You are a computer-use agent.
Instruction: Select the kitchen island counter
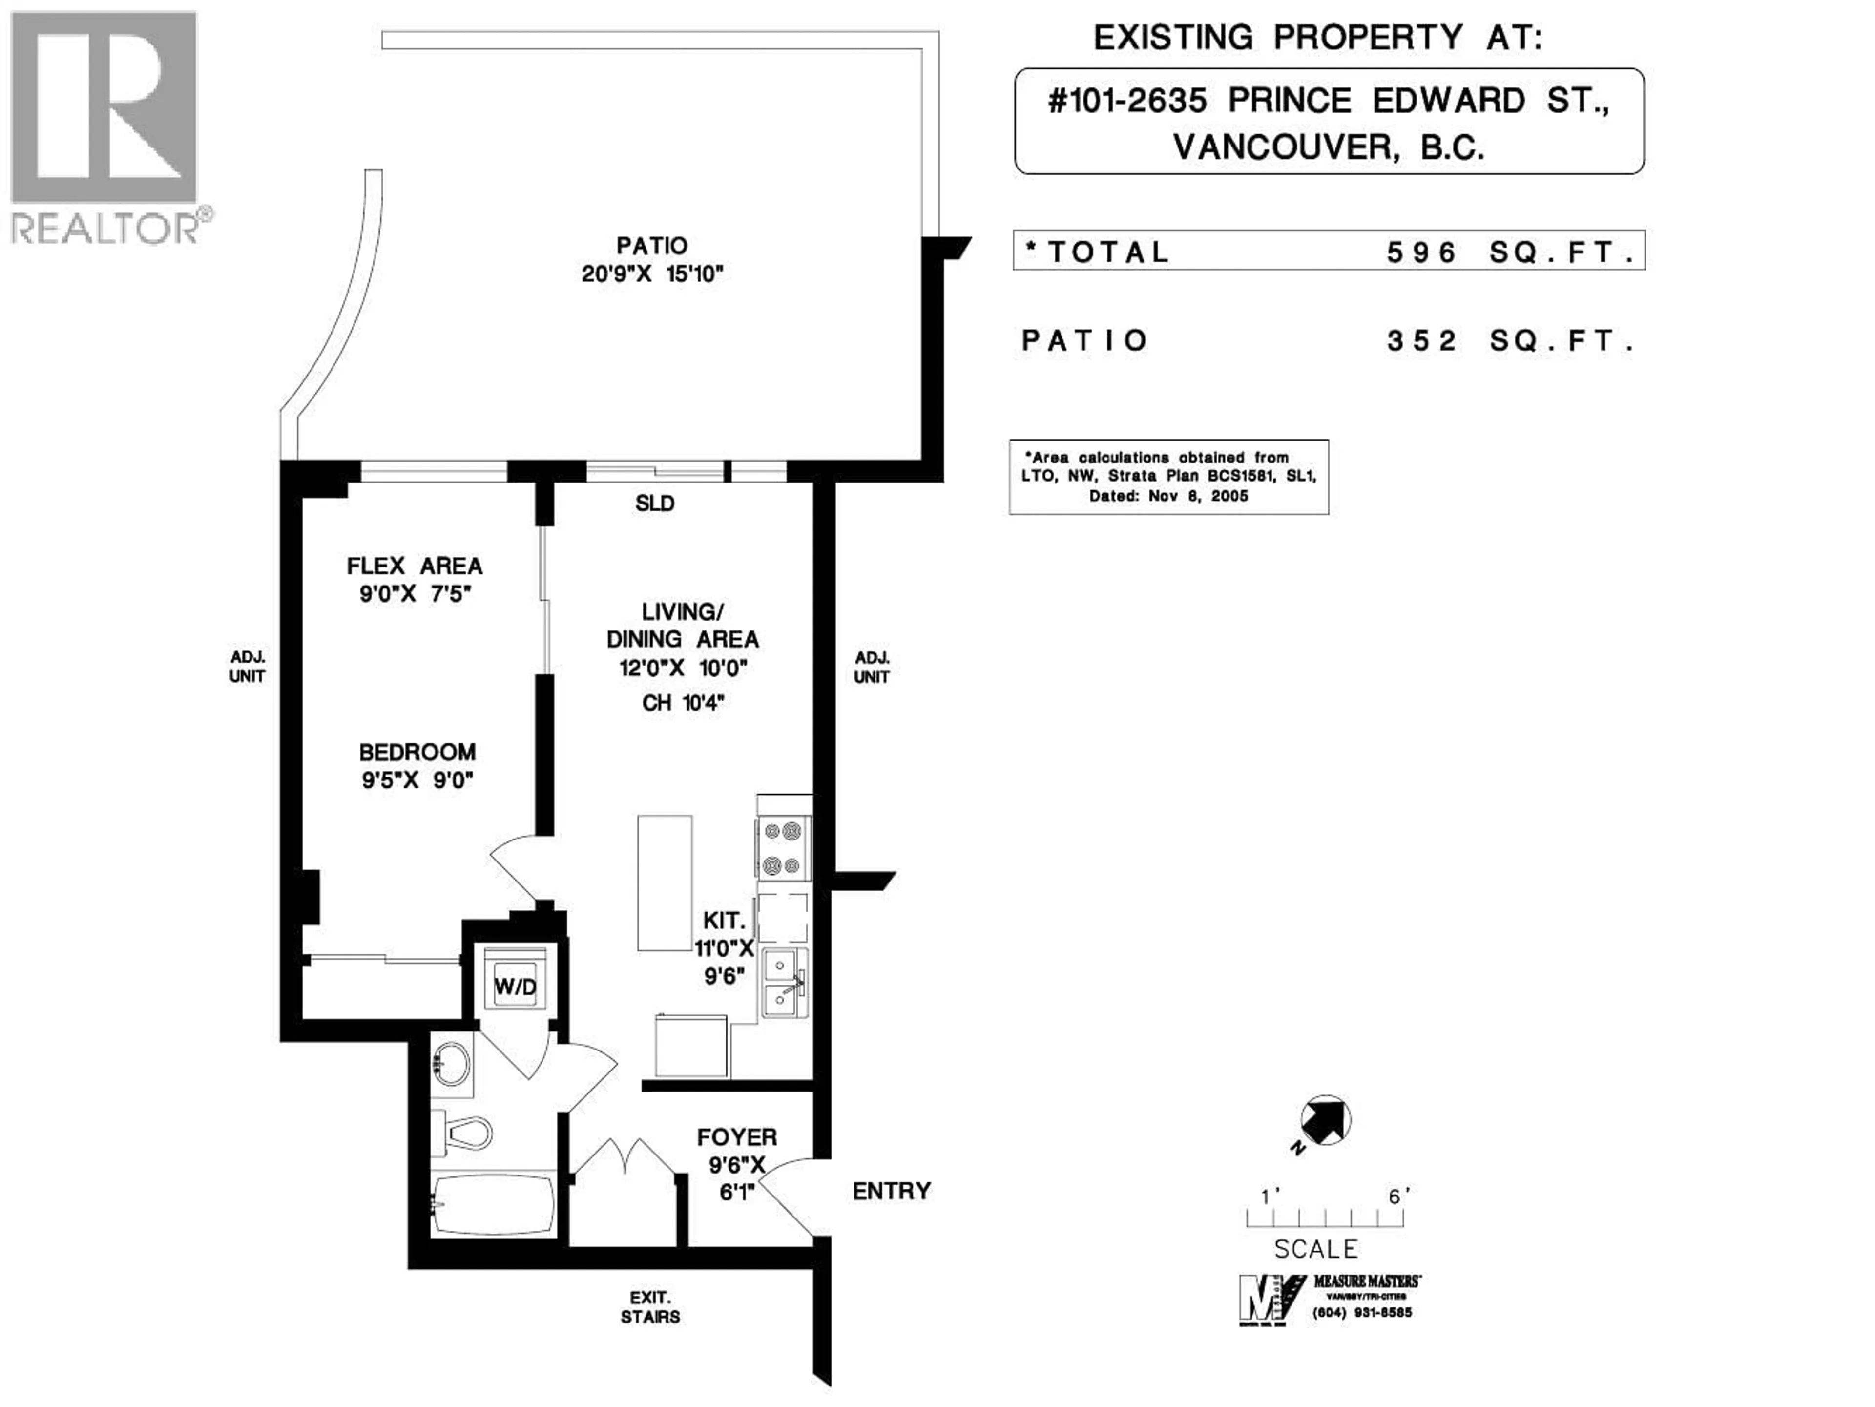click(665, 883)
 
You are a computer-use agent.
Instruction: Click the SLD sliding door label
click(654, 504)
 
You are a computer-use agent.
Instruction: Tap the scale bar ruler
click(1325, 1218)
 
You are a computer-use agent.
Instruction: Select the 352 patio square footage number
click(1421, 341)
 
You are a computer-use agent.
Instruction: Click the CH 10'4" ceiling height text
click(682, 703)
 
